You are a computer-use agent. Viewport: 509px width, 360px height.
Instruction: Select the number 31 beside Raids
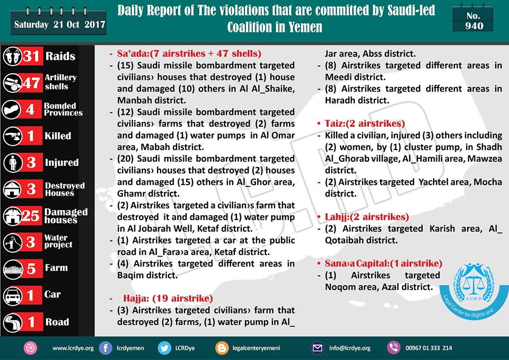coord(30,56)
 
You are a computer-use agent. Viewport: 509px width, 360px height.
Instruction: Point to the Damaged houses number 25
coord(31,215)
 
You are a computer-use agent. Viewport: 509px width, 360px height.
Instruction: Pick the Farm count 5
coord(31,268)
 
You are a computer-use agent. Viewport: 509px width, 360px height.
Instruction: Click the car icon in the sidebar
coord(12,295)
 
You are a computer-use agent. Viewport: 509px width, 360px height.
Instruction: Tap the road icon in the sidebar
coord(12,321)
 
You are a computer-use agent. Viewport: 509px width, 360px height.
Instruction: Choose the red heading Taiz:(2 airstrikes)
coord(365,123)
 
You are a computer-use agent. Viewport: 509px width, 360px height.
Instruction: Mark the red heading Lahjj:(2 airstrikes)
coord(367,217)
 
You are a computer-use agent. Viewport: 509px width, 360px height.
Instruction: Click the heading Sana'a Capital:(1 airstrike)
coord(383,264)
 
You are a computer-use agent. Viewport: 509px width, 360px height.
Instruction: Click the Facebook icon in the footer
coord(106,348)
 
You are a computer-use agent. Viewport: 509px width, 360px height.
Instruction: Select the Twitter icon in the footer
coord(165,348)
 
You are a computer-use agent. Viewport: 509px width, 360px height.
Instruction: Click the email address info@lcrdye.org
coord(349,348)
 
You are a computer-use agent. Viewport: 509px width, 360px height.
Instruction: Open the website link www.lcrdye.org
coord(73,348)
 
